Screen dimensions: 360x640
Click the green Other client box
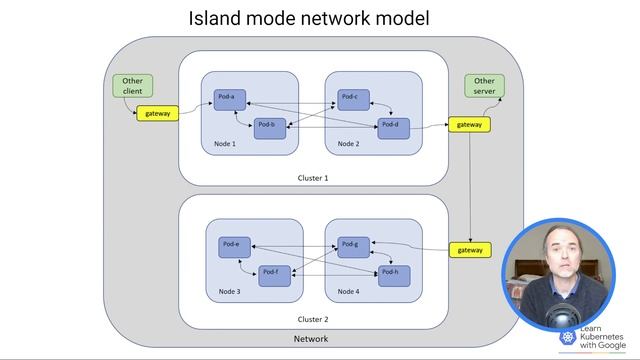(x=132, y=86)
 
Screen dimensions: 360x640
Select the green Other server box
(x=484, y=86)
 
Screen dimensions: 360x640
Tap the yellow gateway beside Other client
(x=158, y=114)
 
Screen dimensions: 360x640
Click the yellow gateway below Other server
(x=470, y=125)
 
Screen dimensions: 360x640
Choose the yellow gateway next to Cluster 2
(x=470, y=250)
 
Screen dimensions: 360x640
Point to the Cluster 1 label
(x=313, y=177)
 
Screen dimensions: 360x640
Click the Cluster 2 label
(x=313, y=319)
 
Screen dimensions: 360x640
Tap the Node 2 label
(x=348, y=144)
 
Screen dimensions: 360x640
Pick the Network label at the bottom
(x=310, y=339)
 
